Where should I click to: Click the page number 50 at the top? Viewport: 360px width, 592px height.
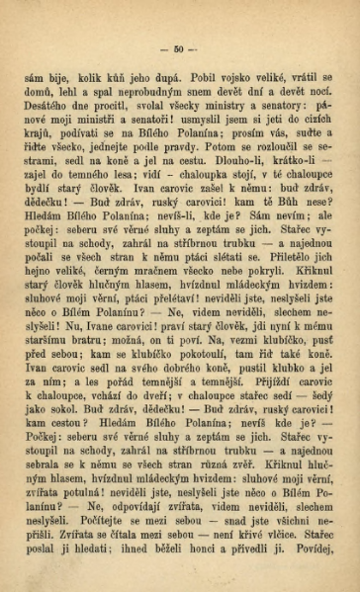coord(179,47)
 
